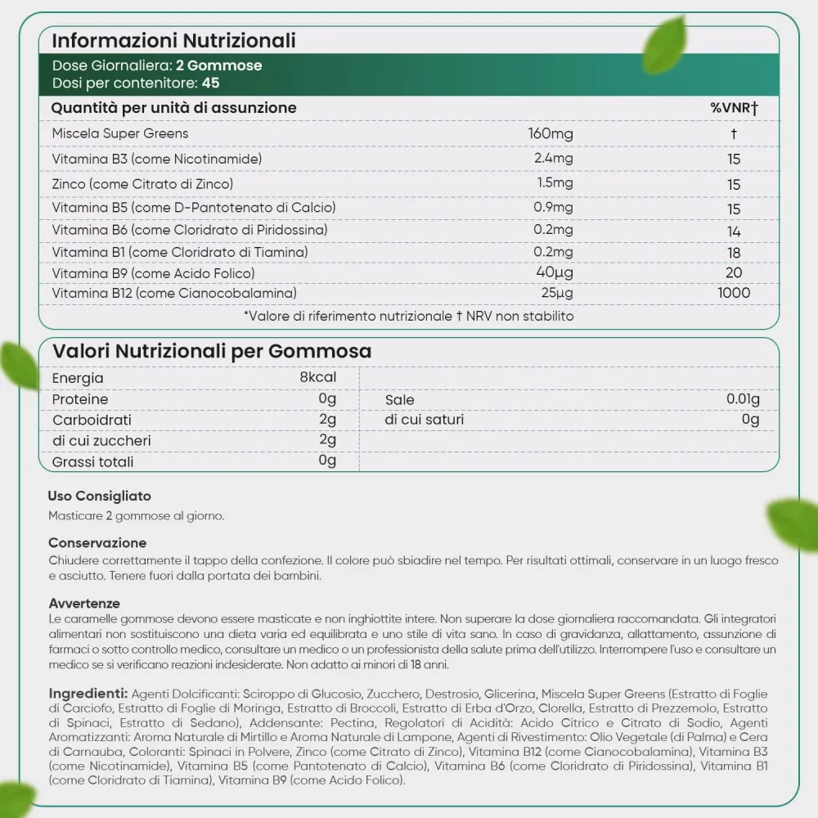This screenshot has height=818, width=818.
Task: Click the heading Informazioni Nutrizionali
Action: (x=174, y=40)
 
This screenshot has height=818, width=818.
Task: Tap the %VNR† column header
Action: (x=734, y=108)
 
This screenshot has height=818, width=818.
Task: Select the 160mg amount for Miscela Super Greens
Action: (x=551, y=133)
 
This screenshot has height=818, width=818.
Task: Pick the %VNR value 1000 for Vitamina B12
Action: (x=734, y=292)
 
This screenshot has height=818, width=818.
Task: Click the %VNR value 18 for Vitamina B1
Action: (x=734, y=254)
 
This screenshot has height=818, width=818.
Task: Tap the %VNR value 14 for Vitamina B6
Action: (x=734, y=231)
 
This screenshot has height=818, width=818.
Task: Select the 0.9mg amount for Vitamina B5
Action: (x=553, y=208)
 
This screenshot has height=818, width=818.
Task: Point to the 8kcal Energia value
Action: (x=318, y=378)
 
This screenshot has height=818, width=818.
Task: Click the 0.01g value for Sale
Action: (x=743, y=399)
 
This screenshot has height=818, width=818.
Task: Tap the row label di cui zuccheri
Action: (x=101, y=441)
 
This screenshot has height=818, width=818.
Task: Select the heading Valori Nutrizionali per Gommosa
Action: (x=213, y=351)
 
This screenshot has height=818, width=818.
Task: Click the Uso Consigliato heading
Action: (x=99, y=496)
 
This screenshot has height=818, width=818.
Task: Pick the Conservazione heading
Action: (x=97, y=542)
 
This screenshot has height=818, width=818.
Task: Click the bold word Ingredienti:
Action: (x=88, y=693)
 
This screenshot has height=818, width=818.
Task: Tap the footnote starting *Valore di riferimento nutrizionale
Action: (x=409, y=315)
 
